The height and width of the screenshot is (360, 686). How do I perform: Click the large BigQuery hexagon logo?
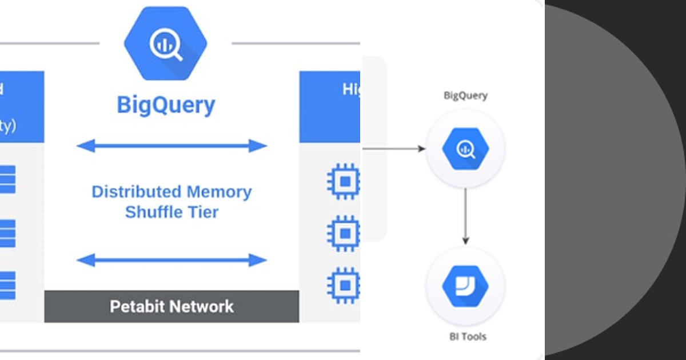(165, 45)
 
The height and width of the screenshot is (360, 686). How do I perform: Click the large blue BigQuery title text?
(166, 105)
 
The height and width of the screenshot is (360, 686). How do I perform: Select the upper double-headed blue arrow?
(171, 146)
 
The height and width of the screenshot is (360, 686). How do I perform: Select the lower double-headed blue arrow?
(171, 261)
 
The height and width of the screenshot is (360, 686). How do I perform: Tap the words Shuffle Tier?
(171, 212)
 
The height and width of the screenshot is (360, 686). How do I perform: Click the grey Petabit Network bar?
(171, 306)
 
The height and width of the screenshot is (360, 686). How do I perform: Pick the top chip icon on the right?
(344, 181)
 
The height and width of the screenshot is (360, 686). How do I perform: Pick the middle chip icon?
(344, 233)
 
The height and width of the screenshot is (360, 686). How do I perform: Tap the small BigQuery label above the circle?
(465, 95)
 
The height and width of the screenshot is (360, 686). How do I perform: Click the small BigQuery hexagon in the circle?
(465, 149)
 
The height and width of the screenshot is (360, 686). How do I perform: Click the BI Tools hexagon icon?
(465, 286)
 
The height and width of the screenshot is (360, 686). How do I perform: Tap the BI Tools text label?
(465, 337)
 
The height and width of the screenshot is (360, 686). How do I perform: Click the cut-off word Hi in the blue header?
(350, 90)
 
